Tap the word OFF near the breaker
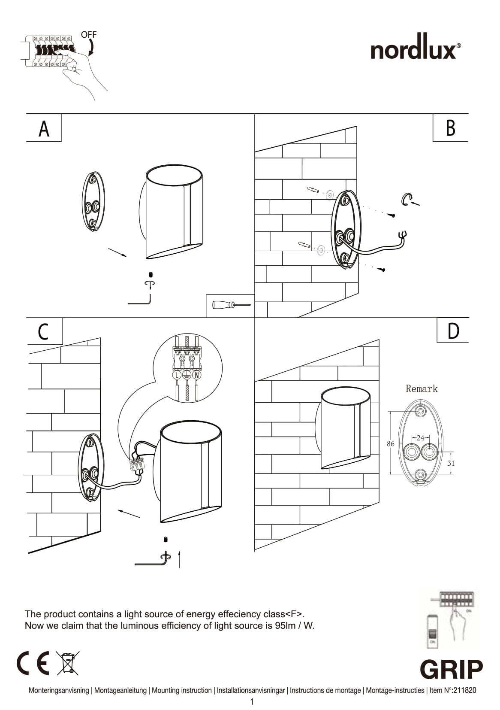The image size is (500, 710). pos(89,34)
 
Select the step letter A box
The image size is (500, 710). pos(44,128)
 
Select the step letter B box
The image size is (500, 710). pos(450,128)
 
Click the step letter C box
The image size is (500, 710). pos(44,332)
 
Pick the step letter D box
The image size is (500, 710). pos(453,331)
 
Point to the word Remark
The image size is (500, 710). pos(422,389)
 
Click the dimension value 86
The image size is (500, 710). pos(390,444)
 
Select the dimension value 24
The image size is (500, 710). pos(420,438)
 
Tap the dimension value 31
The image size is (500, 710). pos(451,463)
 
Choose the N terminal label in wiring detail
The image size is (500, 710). pos(197,375)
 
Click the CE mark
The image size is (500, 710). pos(33,663)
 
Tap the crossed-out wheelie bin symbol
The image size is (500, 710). pos(67,663)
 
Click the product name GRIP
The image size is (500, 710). pos(451,669)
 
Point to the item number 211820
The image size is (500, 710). pos(464,690)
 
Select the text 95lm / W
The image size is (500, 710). pos(295,625)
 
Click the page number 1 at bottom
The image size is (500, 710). pos(252,702)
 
